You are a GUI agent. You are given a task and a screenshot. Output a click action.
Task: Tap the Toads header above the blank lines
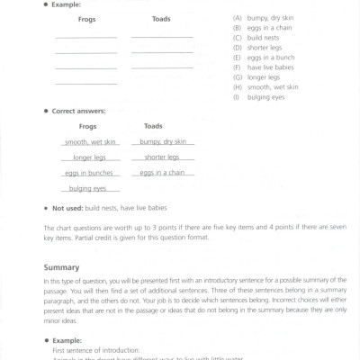coord(161,19)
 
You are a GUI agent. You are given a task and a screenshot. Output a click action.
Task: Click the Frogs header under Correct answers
coord(86,127)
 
